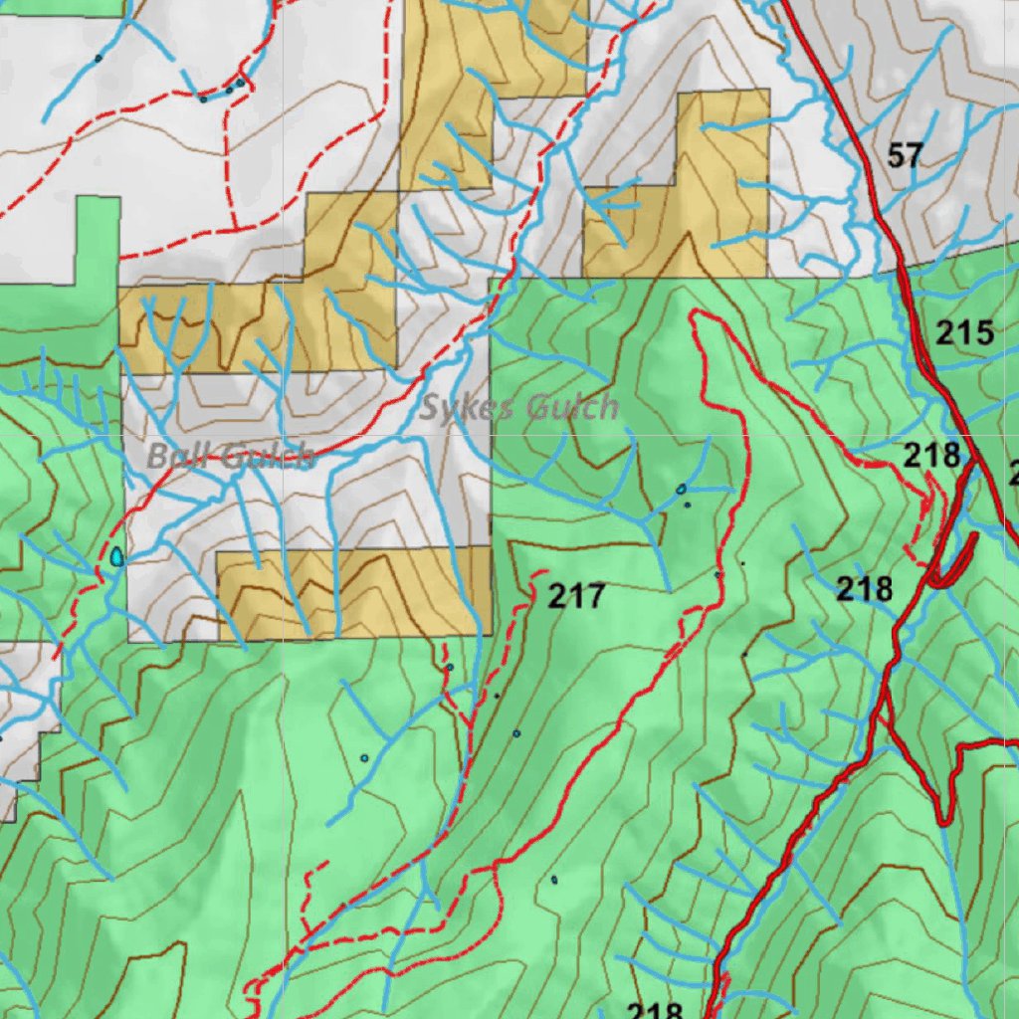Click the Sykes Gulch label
click(x=518, y=407)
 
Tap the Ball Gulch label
click(x=231, y=457)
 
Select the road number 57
click(x=905, y=156)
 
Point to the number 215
click(x=964, y=333)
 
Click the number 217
click(x=576, y=597)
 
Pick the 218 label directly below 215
click(x=931, y=456)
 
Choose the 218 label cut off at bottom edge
click(x=654, y=1010)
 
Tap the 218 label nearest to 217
click(x=864, y=590)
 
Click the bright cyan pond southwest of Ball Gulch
click(x=117, y=556)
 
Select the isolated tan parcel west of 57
click(x=687, y=199)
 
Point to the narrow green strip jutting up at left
click(x=97, y=239)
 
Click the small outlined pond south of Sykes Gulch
click(x=681, y=489)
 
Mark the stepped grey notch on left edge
click(x=25, y=726)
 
